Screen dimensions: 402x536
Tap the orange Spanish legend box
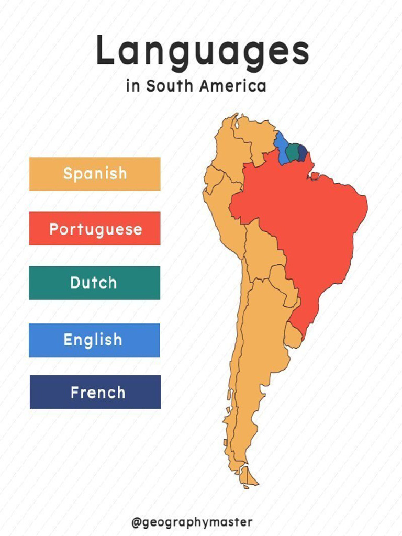95,174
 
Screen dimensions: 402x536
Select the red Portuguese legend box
95,229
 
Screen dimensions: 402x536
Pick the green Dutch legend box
94,283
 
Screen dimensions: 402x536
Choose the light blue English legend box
94,340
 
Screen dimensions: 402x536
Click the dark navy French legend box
95,392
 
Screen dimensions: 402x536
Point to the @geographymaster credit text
192,522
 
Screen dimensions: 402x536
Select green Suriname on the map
293,151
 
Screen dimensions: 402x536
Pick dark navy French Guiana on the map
302,152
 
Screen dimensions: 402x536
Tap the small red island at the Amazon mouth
315,176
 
